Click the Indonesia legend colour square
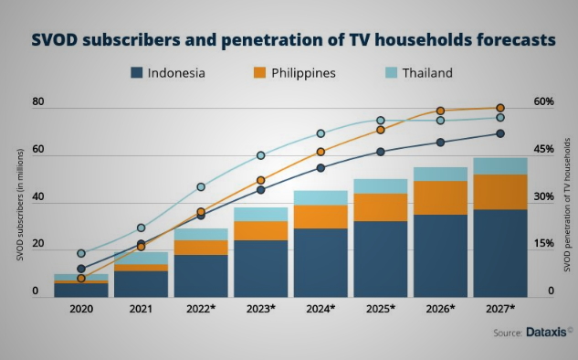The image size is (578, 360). [136, 72]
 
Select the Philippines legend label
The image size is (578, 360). [303, 73]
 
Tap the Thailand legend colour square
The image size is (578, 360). [391, 72]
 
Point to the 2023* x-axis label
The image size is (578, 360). [260, 309]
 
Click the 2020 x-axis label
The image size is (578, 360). [81, 309]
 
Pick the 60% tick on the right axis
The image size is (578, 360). [543, 101]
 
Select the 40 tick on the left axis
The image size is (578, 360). [38, 196]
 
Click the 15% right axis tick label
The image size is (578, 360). [543, 243]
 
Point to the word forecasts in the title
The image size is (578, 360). [516, 40]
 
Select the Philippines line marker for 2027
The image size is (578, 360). [500, 108]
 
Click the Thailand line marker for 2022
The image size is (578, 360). [201, 187]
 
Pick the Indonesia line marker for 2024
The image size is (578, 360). [321, 168]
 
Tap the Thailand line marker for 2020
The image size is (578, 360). [81, 253]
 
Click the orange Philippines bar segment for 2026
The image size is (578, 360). [440, 197]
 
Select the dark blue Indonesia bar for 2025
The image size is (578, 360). [381, 259]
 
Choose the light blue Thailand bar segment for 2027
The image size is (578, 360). [500, 166]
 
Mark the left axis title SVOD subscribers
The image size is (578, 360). [20, 205]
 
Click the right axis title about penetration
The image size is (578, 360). [567, 205]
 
